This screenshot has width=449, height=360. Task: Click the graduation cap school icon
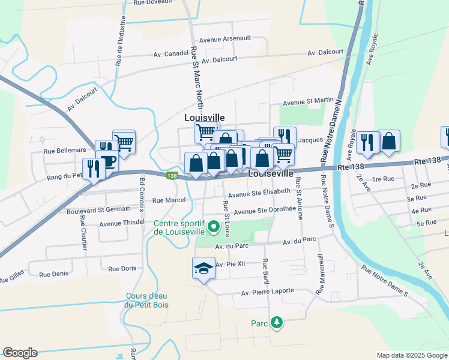[203, 267]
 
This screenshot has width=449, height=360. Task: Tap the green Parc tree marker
[277, 323]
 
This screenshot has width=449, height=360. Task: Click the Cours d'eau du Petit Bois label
[147, 300]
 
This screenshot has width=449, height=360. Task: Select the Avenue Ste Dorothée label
[265, 211]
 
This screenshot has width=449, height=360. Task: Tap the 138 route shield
[172, 176]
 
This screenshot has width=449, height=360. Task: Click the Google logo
[20, 353]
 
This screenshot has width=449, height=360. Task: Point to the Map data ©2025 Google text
[412, 355]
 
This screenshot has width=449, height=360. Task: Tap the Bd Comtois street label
[142, 196]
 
